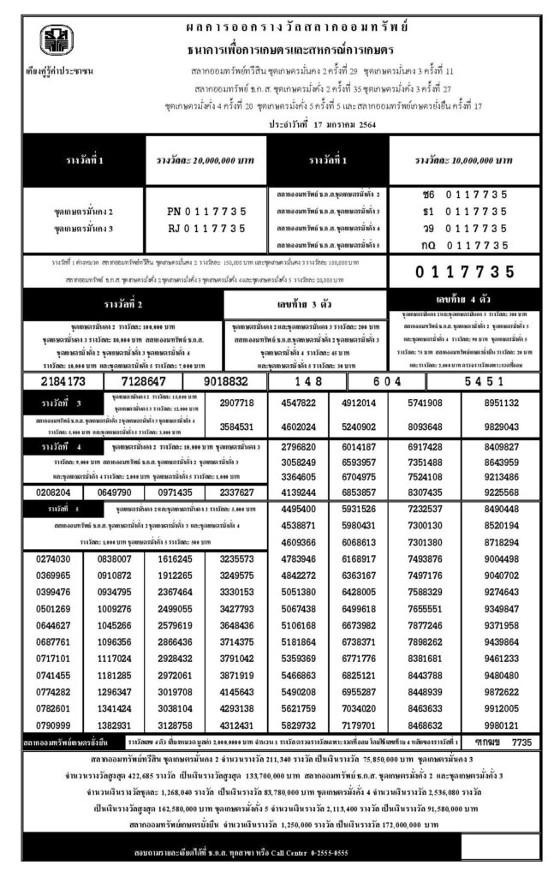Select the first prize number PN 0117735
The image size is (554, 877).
(208, 211)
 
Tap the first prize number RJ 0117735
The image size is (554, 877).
(208, 228)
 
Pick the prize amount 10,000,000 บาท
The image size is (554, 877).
(463, 160)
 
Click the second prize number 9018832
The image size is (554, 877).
(226, 381)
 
